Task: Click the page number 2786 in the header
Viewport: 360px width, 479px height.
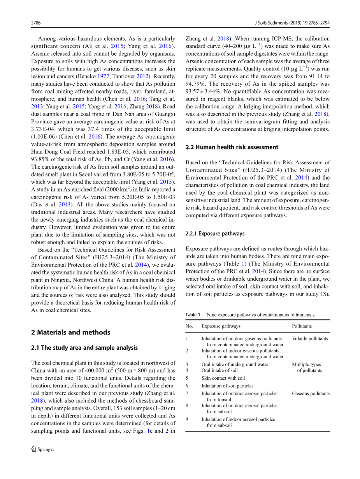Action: (x=36, y=23)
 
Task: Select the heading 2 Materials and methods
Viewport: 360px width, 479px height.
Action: (x=70, y=332)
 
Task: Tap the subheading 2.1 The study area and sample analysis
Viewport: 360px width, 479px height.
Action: (x=84, y=348)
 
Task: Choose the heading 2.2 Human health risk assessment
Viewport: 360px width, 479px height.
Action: (x=232, y=147)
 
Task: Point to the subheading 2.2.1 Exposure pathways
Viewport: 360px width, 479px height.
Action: (x=215, y=234)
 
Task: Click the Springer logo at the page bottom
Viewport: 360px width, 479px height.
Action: (x=43, y=449)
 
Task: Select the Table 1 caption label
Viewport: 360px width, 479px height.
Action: (x=193, y=315)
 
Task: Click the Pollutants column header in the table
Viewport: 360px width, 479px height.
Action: (x=302, y=326)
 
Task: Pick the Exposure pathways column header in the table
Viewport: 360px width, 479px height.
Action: (x=221, y=326)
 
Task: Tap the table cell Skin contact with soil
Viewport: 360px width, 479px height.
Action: (x=223, y=378)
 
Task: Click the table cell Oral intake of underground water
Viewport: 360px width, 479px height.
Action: (x=235, y=365)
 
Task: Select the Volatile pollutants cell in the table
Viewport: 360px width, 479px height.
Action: (x=310, y=339)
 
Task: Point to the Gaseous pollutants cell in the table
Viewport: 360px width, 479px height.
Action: (x=311, y=394)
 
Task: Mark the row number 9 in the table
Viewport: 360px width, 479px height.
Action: (x=187, y=419)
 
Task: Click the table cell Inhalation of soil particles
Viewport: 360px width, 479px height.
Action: (x=227, y=386)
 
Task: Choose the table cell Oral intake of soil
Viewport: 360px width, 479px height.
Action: (x=219, y=370)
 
